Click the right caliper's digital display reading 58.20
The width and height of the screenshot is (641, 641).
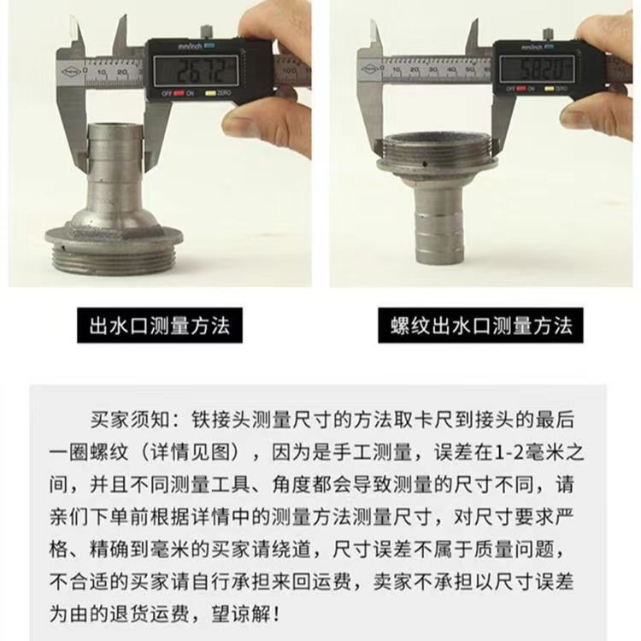(537, 69)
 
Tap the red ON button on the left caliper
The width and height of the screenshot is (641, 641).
(179, 93)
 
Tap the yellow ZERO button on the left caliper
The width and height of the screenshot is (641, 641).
(210, 93)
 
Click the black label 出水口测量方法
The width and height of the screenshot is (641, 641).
(160, 326)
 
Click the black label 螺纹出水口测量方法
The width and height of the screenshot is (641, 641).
(480, 326)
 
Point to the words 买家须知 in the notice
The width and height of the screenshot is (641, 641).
(130, 420)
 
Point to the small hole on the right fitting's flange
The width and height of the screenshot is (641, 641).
(426, 163)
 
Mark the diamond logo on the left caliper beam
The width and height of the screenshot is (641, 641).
(70, 72)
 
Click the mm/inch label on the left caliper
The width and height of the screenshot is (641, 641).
(190, 46)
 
